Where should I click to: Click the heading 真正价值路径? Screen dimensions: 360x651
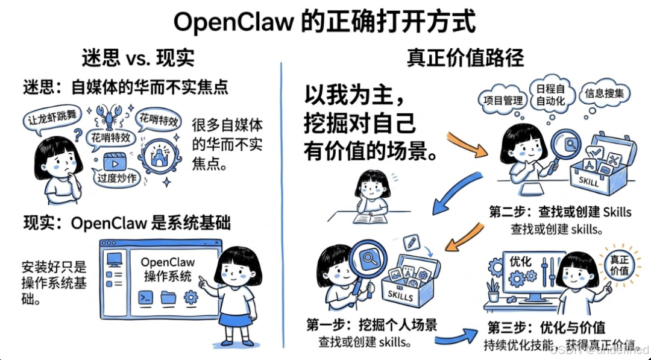tap(465, 58)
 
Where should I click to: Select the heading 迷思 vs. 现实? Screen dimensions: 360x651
tap(138, 58)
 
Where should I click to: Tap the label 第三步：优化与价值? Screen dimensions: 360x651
tap(546, 328)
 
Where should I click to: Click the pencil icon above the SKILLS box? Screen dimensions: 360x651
tap(412, 242)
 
